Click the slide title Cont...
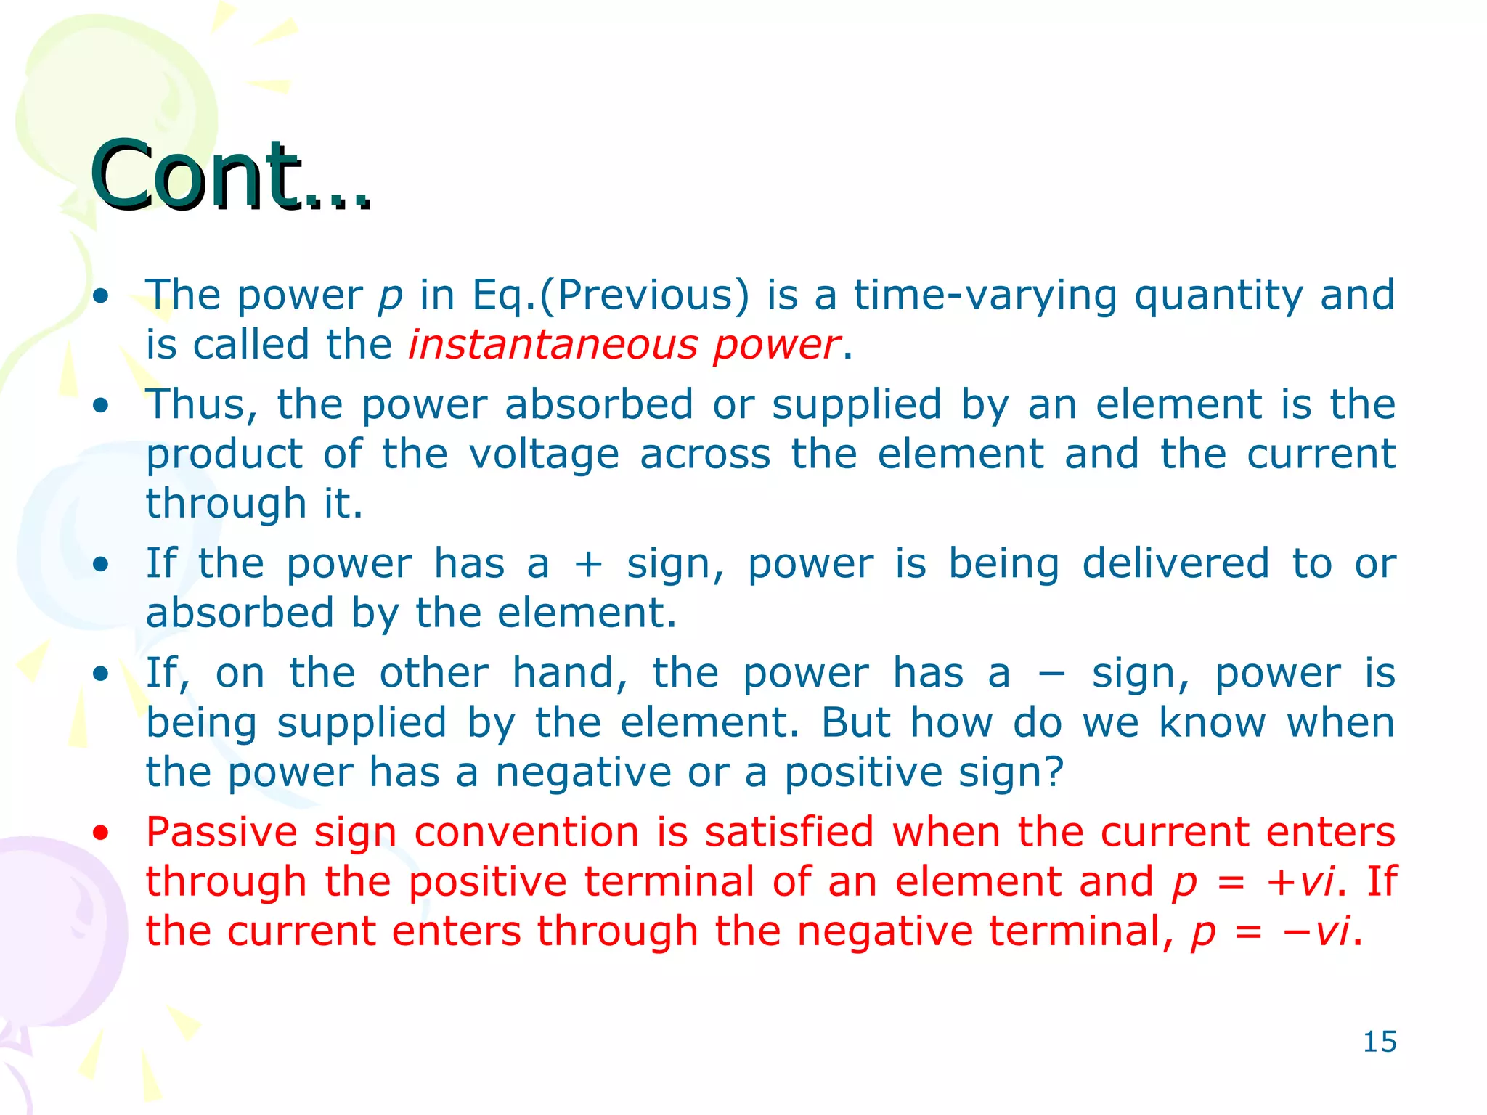[x=231, y=176]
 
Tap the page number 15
[x=1379, y=1042]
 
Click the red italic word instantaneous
[x=552, y=344]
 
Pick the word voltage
[x=544, y=454]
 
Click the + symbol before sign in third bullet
[x=588, y=565]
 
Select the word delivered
[x=1176, y=564]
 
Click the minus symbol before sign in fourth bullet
[x=1051, y=673]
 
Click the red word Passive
[x=221, y=832]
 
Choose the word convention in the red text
[x=526, y=832]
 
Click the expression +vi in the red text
[x=1300, y=881]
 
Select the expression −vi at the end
[x=1316, y=931]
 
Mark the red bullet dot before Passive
[x=101, y=833]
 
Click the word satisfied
[x=789, y=832]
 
